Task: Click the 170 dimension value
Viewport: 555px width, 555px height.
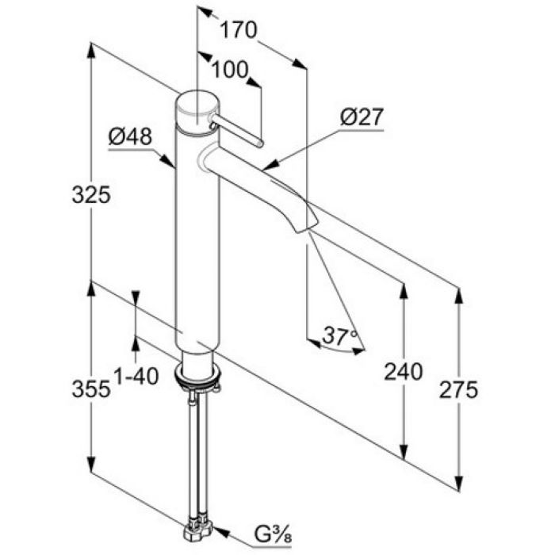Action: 239,31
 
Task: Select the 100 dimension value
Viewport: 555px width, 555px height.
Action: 231,71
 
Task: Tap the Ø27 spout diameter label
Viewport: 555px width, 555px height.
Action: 362,118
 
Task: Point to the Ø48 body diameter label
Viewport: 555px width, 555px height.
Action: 130,137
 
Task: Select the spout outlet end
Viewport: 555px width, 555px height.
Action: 300,227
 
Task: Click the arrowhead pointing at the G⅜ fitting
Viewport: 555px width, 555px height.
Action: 216,533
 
